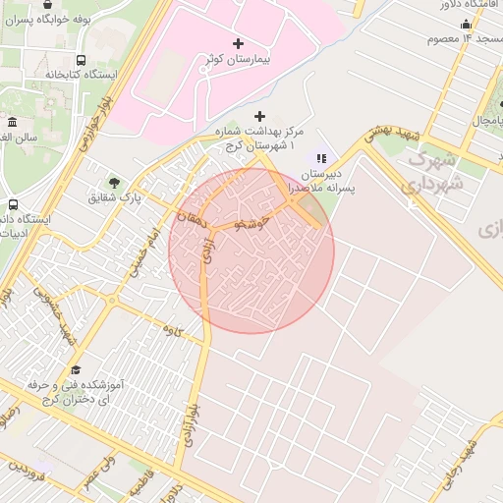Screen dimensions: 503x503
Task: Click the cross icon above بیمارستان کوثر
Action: [239, 43]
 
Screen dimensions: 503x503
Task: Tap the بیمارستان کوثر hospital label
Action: [239, 60]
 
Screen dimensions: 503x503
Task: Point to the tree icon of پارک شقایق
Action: [114, 183]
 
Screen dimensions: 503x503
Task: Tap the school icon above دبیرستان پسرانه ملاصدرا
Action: [320, 157]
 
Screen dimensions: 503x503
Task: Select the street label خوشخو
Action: [250, 223]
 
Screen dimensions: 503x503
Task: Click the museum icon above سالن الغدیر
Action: [12, 122]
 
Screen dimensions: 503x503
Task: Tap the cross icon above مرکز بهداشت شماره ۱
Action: [259, 116]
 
